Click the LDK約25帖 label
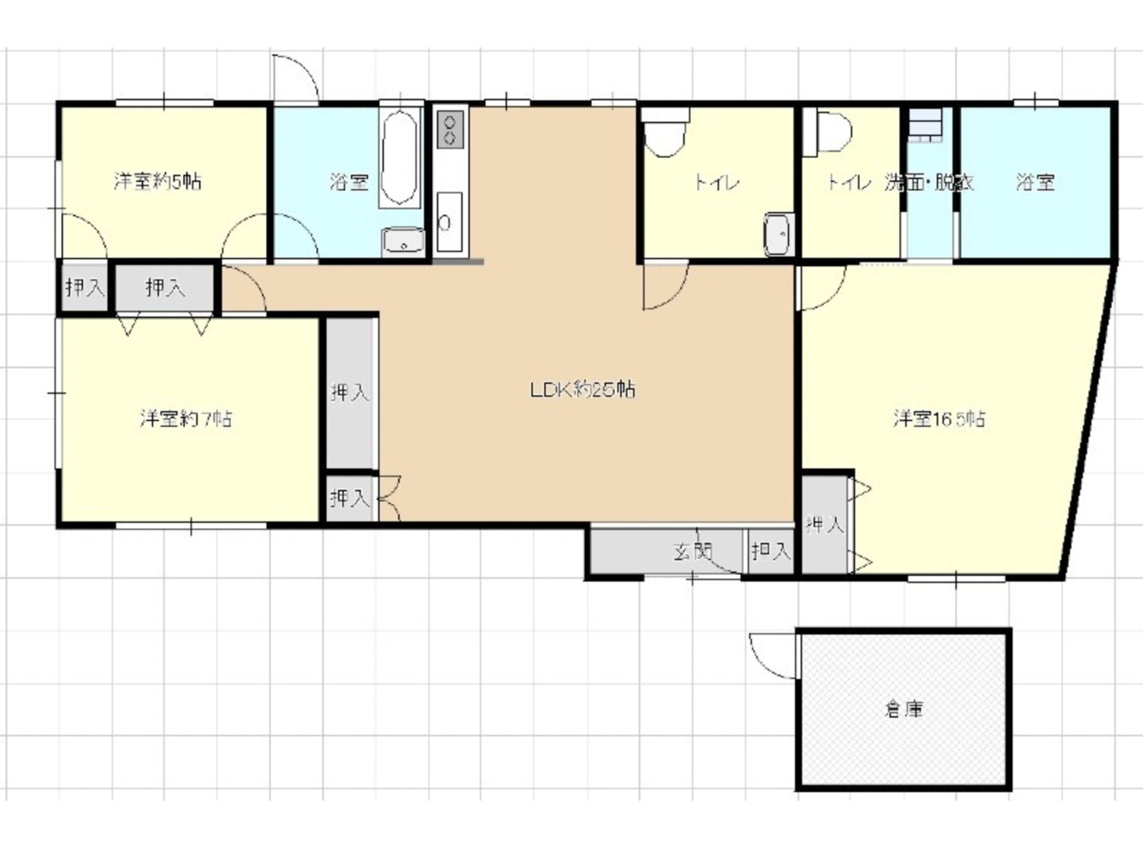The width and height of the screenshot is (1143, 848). pyautogui.click(x=582, y=390)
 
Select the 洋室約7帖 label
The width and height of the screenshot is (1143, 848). pyautogui.click(x=186, y=419)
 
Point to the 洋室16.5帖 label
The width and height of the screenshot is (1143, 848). pyautogui.click(x=939, y=419)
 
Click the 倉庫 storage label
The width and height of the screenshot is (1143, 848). pyautogui.click(x=904, y=710)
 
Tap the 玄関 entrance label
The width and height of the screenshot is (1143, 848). pyautogui.click(x=692, y=552)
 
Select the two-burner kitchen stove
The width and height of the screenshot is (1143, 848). pyautogui.click(x=450, y=130)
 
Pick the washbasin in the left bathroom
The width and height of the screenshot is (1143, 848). pyautogui.click(x=403, y=241)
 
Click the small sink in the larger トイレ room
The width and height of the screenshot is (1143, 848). pyautogui.click(x=779, y=234)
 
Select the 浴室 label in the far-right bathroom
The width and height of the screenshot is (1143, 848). pyautogui.click(x=1035, y=182)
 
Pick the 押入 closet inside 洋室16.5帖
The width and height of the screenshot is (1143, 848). pyautogui.click(x=825, y=525)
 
